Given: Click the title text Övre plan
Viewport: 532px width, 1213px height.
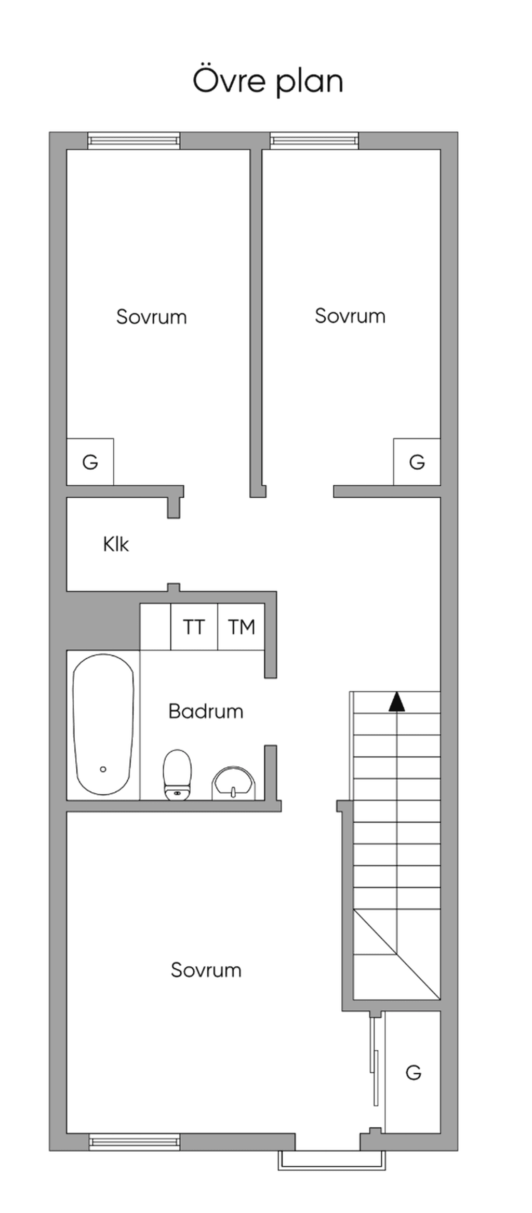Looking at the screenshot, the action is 268,81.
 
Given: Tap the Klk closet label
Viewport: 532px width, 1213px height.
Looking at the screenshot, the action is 116,544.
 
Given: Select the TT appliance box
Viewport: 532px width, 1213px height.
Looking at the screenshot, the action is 194,627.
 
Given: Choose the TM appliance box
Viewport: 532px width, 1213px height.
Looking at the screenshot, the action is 241,627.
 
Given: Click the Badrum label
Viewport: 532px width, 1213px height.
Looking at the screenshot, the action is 206,711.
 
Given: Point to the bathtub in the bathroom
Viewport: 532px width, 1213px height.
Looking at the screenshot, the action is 103,724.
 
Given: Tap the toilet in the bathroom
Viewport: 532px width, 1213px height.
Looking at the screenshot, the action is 177,775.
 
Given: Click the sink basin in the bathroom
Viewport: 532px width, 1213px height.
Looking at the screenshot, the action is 234,783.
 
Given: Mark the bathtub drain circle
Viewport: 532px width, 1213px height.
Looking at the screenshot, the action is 103,769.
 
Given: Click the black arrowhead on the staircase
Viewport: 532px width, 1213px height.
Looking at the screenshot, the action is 397,701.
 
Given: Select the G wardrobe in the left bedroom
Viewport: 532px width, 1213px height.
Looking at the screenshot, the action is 90,462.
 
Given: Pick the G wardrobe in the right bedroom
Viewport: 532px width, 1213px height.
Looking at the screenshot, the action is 417,462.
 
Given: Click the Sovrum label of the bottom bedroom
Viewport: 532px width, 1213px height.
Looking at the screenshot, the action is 206,970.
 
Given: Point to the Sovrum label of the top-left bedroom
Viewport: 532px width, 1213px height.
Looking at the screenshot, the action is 151,317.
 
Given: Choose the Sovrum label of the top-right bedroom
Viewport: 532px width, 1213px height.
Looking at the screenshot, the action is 350,316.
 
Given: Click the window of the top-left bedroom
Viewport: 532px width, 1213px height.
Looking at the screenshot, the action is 134,141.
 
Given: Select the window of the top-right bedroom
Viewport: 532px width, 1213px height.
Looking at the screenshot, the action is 314,141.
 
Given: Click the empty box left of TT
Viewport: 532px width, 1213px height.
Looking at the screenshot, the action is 155,627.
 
